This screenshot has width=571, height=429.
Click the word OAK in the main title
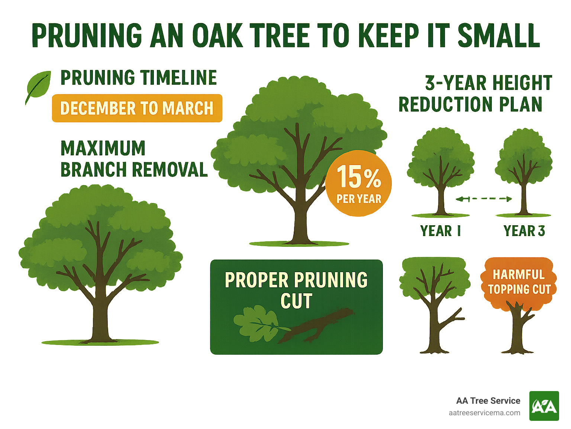coord(217,36)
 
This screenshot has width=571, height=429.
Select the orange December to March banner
coord(137,108)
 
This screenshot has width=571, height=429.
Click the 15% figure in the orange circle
coord(358,177)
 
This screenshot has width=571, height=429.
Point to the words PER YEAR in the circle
coord(359,199)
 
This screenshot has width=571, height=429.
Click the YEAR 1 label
coord(441,231)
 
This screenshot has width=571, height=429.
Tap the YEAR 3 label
coord(524,231)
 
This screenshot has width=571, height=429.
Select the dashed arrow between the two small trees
coord(484,199)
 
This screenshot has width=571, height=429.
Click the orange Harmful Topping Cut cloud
coord(519,281)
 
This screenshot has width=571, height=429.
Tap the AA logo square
coord(544,406)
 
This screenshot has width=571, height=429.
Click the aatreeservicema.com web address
coord(484,413)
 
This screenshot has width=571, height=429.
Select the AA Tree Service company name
coord(488,401)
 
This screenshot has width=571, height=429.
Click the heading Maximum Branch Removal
coord(134,159)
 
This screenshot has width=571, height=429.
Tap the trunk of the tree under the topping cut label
coord(517,331)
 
